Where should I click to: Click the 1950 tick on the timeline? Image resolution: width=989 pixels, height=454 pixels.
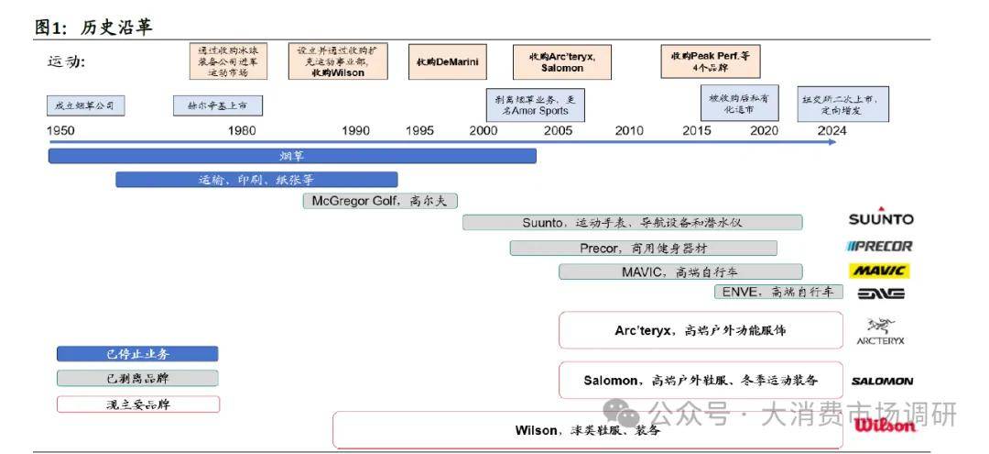click(60, 130)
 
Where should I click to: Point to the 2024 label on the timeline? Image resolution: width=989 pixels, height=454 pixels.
click(832, 130)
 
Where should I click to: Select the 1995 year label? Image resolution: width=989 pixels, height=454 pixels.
click(420, 130)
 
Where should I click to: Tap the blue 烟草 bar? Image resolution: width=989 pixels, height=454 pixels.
click(291, 156)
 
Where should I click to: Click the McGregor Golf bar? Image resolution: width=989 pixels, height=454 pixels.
click(379, 201)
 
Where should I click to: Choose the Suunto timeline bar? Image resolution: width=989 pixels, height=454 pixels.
click(632, 222)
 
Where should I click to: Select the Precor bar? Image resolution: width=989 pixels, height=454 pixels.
click(643, 248)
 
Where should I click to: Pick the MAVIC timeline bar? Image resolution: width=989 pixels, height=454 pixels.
click(679, 271)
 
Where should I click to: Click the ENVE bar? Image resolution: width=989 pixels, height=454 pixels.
click(777, 292)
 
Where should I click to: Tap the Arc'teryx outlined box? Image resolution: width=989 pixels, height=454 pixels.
click(700, 330)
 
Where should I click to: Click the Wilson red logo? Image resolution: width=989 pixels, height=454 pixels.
click(885, 425)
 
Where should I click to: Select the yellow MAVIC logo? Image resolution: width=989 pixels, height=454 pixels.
click(880, 271)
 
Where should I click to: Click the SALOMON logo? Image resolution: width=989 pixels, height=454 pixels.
click(882, 381)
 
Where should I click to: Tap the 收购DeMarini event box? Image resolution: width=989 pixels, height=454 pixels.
click(447, 61)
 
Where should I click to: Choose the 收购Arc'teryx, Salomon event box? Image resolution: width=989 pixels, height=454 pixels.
click(561, 61)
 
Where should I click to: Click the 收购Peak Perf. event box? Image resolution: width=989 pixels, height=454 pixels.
click(710, 61)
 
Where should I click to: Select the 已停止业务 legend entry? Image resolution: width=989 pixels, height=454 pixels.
click(137, 354)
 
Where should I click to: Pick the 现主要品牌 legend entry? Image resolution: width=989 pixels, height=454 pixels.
click(137, 404)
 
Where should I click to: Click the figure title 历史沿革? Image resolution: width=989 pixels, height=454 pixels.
click(116, 28)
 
